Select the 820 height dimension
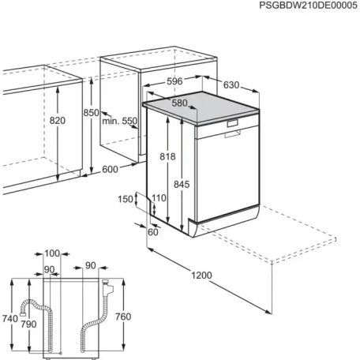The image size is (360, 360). point(57,120)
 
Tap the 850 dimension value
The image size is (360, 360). point(91,113)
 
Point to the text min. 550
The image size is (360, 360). point(119,121)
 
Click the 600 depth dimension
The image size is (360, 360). point(109,170)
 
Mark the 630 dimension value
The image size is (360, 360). point(231,85)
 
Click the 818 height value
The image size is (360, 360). point(167,157)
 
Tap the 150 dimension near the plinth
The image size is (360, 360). point(126,200)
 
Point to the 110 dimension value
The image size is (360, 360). point(159,198)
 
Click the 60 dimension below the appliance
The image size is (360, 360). point(153,231)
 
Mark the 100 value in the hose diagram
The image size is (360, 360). point(52,253)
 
